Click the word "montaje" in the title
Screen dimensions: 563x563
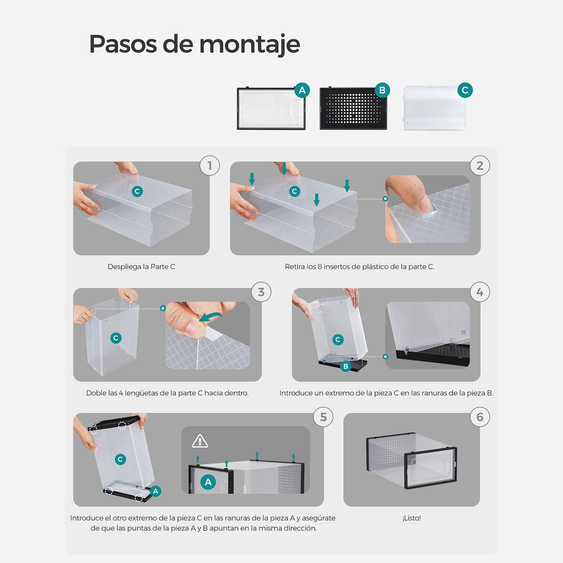[250, 44]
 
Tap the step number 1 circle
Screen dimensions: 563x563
[210, 166]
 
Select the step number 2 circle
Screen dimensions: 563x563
[480, 166]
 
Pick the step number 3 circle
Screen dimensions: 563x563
[261, 292]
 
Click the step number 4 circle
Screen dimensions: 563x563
[480, 292]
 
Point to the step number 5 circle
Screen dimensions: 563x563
[323, 417]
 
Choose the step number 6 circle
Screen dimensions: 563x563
[480, 417]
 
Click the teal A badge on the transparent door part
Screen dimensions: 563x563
[302, 90]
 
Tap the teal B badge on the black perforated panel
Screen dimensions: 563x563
[382, 90]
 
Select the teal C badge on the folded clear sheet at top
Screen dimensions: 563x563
[465, 90]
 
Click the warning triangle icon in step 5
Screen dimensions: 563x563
[200, 441]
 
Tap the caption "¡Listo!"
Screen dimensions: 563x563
[411, 518]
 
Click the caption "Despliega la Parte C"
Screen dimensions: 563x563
[141, 266]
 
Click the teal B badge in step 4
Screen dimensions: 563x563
[346, 366]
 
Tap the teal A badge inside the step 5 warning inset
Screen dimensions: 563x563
[208, 482]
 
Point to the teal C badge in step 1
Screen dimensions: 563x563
[137, 191]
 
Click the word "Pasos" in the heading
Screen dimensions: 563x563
[123, 44]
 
